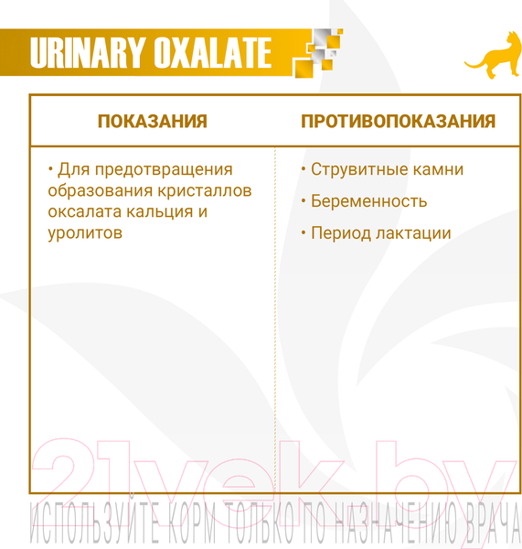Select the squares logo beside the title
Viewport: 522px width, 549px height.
click(316, 54)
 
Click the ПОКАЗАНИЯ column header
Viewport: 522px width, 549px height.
click(153, 122)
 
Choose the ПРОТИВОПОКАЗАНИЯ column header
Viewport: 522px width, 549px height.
click(399, 122)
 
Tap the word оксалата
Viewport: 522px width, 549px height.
click(85, 211)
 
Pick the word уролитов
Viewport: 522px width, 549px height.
click(84, 232)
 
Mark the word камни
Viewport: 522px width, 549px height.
click(438, 169)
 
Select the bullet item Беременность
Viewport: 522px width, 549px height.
click(368, 201)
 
